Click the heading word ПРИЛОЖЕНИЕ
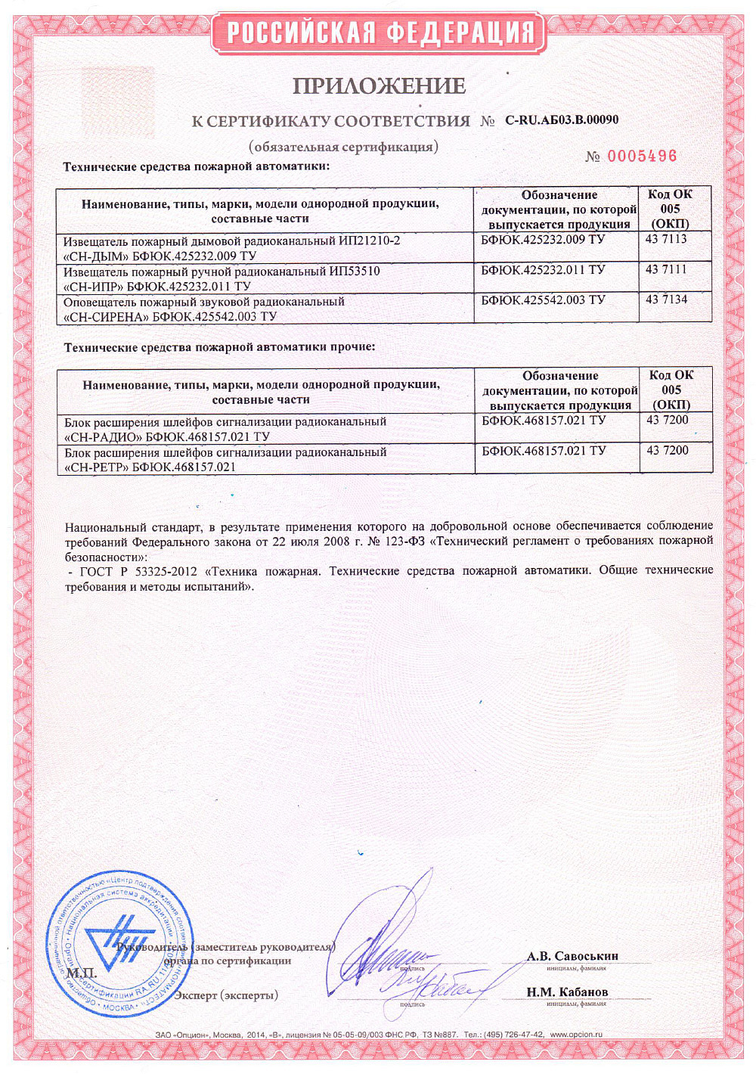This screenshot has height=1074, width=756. (x=379, y=86)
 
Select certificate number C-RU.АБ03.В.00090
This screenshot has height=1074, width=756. (x=561, y=120)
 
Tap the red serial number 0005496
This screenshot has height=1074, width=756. (x=642, y=157)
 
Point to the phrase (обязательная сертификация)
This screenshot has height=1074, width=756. (x=343, y=147)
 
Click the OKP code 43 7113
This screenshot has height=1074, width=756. (x=666, y=239)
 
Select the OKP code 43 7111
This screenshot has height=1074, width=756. (x=666, y=269)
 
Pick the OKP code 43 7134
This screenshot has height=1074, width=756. (x=666, y=300)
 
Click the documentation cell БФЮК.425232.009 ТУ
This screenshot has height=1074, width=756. (x=543, y=240)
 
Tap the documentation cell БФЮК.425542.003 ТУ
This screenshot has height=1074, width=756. (x=543, y=300)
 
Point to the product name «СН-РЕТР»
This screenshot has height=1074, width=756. (x=96, y=467)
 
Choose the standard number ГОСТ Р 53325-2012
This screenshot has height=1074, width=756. (x=138, y=571)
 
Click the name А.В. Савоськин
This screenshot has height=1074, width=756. (x=572, y=956)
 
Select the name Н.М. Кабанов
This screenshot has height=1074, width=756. (x=567, y=992)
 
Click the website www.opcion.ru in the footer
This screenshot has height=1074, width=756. (x=576, y=1034)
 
